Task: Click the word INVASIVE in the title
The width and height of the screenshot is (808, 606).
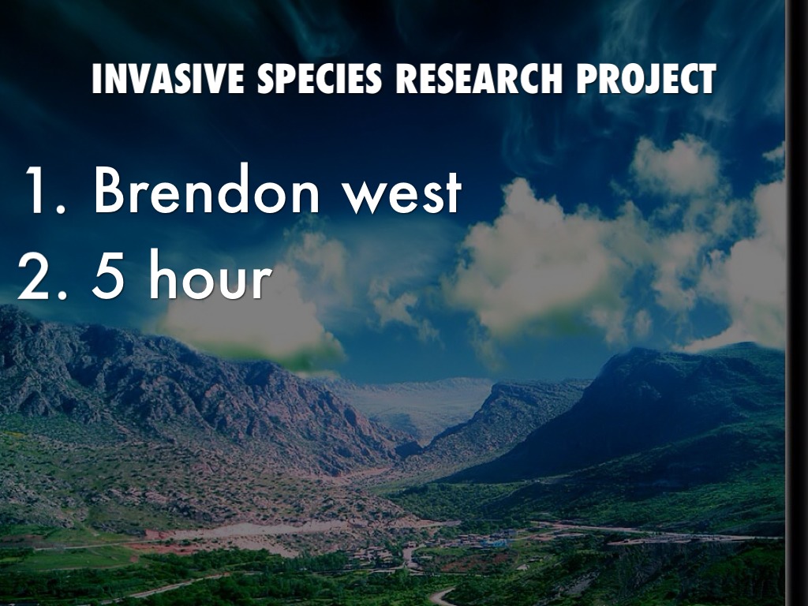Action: [x=168, y=79]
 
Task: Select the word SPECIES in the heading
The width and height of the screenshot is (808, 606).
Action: [x=320, y=79]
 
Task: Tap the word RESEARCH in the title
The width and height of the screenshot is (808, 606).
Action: [x=479, y=79]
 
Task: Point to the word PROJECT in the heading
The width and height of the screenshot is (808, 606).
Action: [x=646, y=79]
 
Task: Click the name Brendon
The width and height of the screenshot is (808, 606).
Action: [x=207, y=189]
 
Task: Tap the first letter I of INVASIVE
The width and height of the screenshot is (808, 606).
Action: [x=96, y=79]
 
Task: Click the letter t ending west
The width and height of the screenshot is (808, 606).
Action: [x=452, y=193]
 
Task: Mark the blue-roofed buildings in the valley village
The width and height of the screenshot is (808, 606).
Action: [x=494, y=542]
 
